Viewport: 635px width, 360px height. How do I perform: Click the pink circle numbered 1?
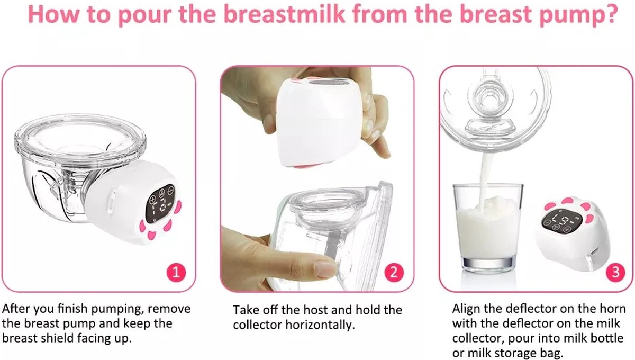[x=176, y=272]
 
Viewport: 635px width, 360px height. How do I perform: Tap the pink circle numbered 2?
[x=394, y=272]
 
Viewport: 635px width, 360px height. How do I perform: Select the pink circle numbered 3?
[x=615, y=272]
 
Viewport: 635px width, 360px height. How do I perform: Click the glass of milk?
[x=488, y=227]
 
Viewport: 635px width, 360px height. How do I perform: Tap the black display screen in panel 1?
[x=160, y=203]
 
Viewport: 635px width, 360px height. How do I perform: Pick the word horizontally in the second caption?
[x=320, y=325]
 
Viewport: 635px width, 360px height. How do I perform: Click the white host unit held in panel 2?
[x=320, y=122]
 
